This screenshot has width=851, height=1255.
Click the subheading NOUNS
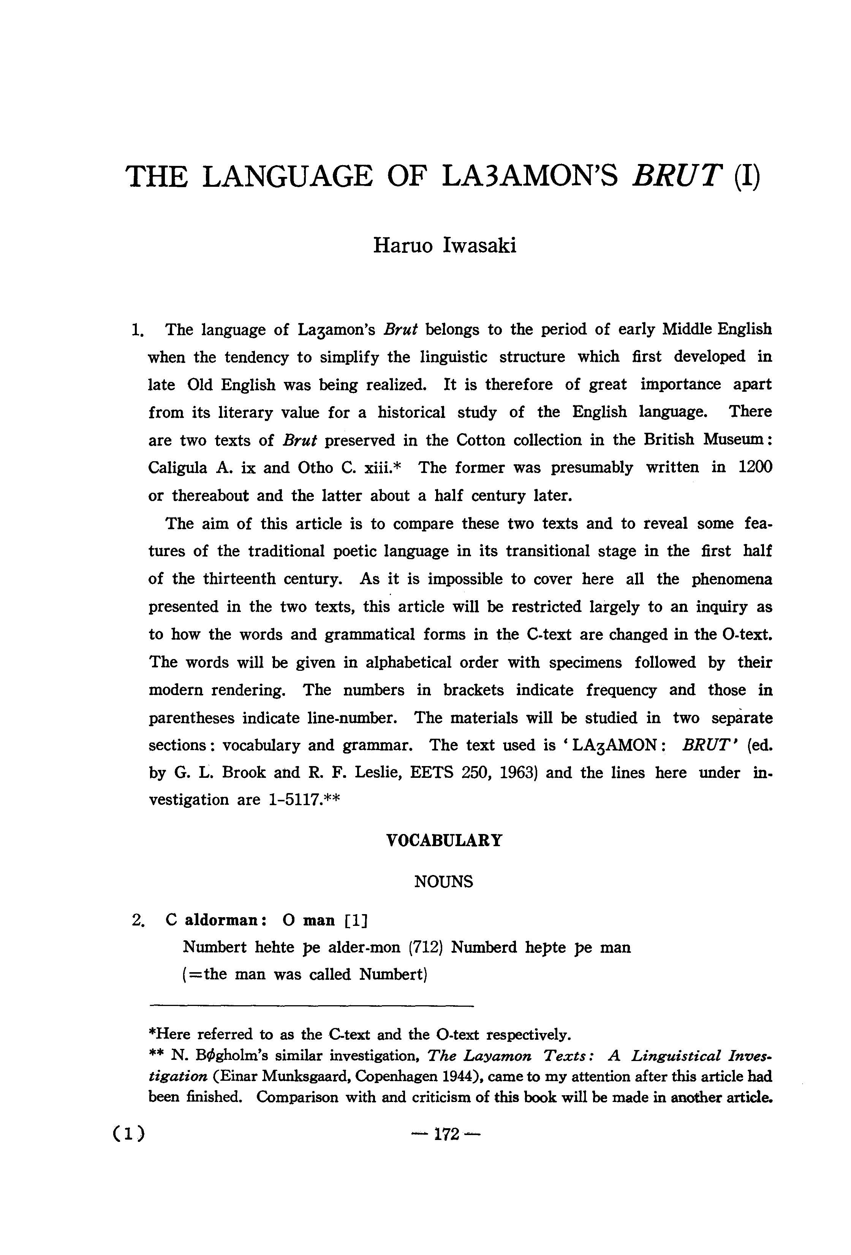(x=444, y=882)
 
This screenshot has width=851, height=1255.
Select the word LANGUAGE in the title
(x=288, y=176)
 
